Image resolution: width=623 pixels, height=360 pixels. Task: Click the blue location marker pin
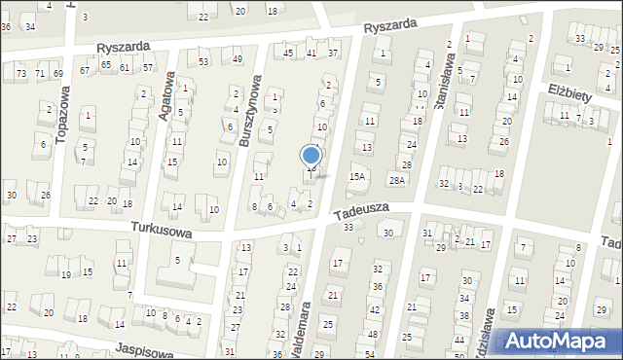click(311, 156)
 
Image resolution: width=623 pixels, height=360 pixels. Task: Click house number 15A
click(357, 176)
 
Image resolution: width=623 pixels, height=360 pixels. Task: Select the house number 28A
click(397, 180)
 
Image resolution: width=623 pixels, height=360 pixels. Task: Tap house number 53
click(203, 62)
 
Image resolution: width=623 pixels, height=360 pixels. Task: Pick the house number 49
click(238, 59)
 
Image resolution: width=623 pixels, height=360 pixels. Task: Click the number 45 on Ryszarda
click(288, 53)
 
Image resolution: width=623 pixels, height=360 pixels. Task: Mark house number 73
click(21, 73)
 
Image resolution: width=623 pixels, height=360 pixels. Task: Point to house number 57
click(149, 67)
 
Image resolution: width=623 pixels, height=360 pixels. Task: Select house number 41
click(311, 53)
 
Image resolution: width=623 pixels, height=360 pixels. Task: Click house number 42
click(375, 308)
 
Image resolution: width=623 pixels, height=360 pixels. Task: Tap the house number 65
click(106, 64)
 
